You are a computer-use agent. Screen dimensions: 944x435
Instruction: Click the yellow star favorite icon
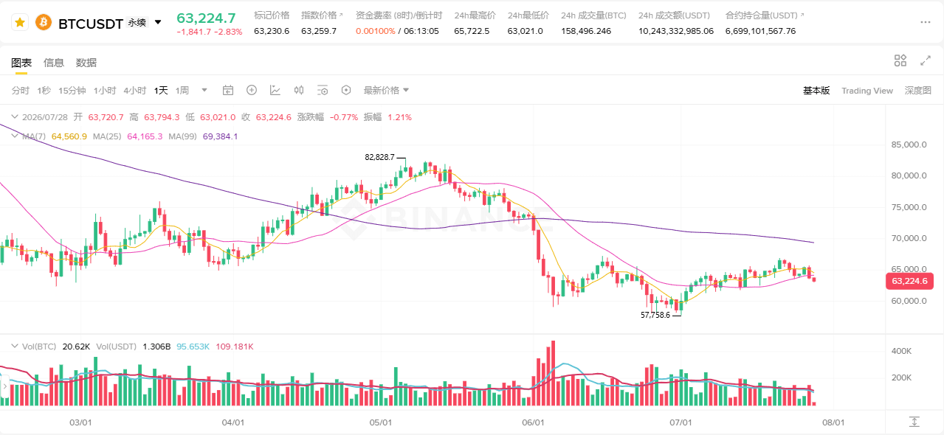[20, 23]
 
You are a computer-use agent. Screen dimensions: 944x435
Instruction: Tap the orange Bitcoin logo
[44, 23]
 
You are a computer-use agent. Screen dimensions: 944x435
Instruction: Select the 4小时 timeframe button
[135, 91]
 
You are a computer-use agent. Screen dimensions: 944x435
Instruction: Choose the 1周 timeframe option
[182, 91]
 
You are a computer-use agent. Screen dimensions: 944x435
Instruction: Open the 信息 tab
[54, 63]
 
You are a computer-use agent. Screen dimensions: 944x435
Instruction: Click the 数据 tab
[86, 63]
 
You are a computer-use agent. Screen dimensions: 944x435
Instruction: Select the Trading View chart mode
[867, 91]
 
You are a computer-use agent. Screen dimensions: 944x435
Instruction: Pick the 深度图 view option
[917, 91]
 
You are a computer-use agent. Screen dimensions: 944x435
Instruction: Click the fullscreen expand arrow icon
[926, 60]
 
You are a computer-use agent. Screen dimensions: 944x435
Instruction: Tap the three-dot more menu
[925, 22]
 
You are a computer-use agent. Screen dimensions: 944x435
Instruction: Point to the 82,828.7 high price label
[379, 157]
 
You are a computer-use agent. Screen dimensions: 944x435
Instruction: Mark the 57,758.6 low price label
[655, 315]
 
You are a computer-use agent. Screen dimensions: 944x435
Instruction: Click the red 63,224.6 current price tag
[909, 282]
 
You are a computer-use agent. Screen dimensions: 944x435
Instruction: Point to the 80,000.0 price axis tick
[909, 175]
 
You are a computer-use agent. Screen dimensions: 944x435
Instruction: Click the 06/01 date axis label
[533, 422]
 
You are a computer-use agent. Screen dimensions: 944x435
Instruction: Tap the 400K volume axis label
[901, 351]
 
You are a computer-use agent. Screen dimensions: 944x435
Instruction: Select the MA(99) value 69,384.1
[220, 136]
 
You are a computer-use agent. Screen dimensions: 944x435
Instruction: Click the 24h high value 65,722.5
[472, 31]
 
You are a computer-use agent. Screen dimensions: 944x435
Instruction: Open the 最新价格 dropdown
[386, 91]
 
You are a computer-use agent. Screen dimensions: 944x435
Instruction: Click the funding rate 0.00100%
[376, 31]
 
